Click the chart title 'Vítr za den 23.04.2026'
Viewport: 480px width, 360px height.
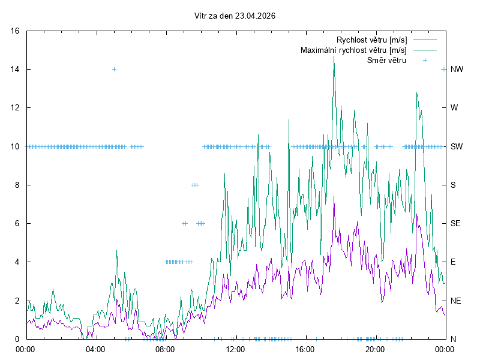[235, 16]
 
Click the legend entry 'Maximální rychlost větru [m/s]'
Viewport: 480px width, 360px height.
[353, 50]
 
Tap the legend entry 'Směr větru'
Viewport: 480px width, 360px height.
[386, 60]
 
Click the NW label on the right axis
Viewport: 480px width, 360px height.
[457, 69]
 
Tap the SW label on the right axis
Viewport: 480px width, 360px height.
[457, 146]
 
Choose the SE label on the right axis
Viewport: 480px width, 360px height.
[455, 223]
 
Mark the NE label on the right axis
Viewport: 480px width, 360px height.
[455, 300]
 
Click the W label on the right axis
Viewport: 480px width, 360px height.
[454, 108]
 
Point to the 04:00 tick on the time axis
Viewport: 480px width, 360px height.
[95, 349]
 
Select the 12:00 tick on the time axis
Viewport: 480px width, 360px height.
[235, 349]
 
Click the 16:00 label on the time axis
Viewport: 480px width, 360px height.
[305, 349]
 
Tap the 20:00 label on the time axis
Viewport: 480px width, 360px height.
[374, 349]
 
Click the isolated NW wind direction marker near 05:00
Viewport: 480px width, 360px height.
[114, 69]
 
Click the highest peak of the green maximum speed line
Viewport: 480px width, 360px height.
[334, 56]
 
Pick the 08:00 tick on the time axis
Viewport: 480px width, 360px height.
[165, 349]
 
